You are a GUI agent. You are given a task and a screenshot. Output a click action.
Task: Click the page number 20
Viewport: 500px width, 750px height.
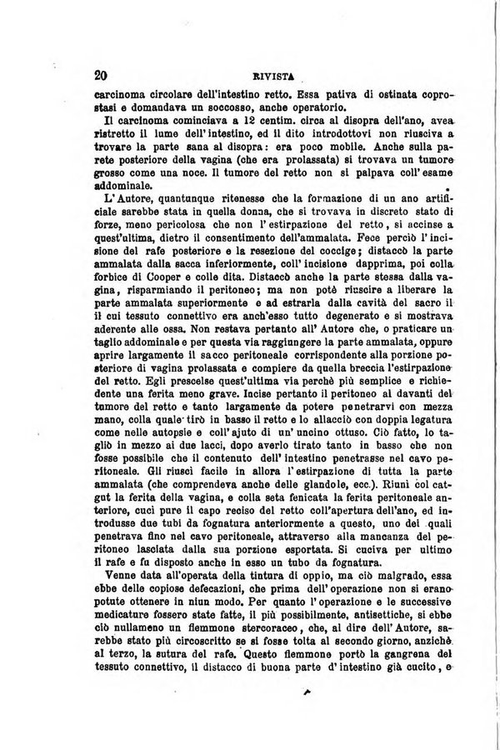104,74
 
